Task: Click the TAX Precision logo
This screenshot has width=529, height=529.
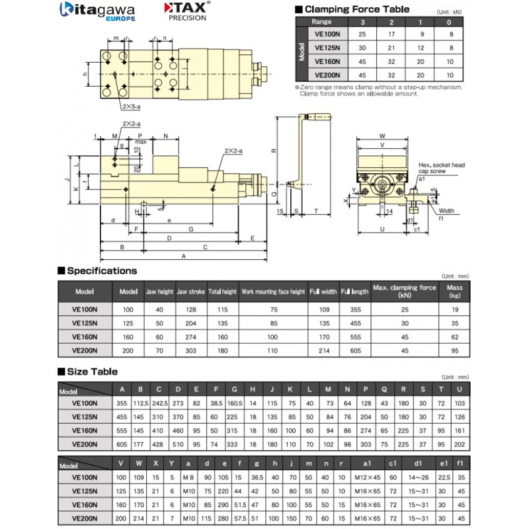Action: (x=186, y=12)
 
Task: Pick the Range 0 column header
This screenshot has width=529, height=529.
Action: (x=450, y=22)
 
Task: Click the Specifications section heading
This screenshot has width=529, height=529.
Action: (x=102, y=270)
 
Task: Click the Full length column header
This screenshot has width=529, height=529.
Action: (x=354, y=291)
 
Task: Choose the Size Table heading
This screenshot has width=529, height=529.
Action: (x=93, y=370)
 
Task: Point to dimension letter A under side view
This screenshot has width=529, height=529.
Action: (x=183, y=255)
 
